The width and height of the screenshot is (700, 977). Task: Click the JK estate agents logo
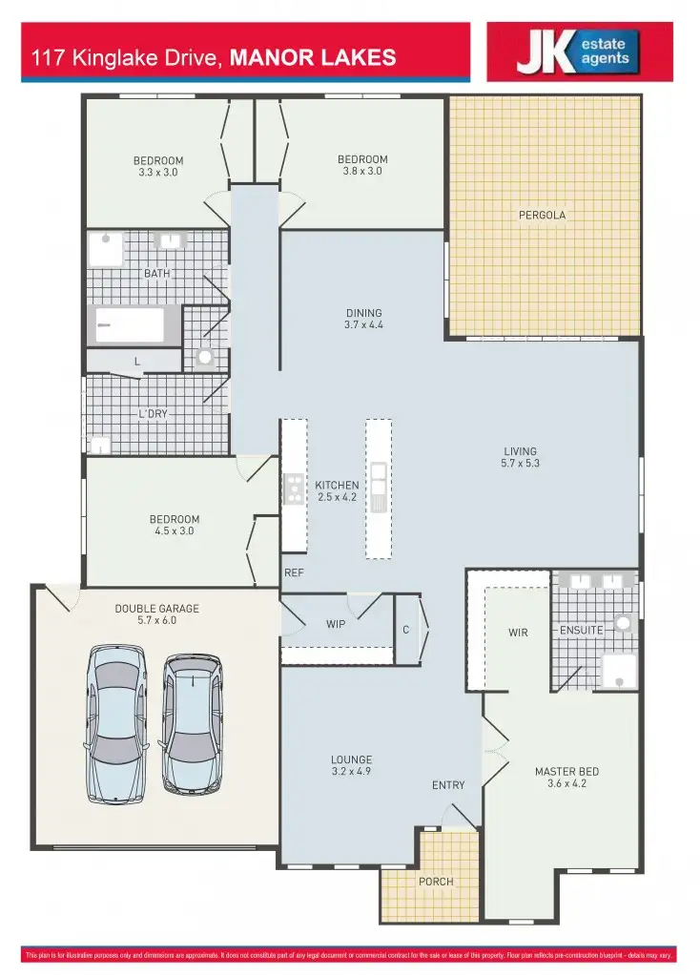coord(579,52)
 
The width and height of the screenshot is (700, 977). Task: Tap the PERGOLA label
coord(542,215)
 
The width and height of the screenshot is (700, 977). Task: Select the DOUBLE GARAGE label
coord(157,608)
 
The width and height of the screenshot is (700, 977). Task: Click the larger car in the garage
coord(117,723)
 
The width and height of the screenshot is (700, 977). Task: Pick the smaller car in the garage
coord(192,723)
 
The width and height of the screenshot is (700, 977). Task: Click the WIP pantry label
coord(336,624)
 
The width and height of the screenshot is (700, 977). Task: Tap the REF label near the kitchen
coord(294,573)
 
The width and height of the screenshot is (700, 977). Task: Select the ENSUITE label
coord(582,631)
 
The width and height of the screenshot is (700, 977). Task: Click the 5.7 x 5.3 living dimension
coord(521,464)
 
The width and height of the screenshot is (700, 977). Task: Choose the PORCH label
coord(436,882)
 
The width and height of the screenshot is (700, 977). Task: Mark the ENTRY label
coord(448,785)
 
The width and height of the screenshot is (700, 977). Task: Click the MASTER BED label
coord(566,771)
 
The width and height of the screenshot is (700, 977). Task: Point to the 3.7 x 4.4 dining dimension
coord(364,324)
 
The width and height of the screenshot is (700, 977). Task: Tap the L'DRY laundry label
coord(154,415)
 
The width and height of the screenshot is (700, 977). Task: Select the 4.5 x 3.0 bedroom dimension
coord(175,531)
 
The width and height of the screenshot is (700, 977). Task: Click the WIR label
coord(518,632)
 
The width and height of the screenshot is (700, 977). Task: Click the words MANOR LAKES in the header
coord(313,58)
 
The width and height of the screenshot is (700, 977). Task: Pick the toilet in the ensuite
coord(624,624)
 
